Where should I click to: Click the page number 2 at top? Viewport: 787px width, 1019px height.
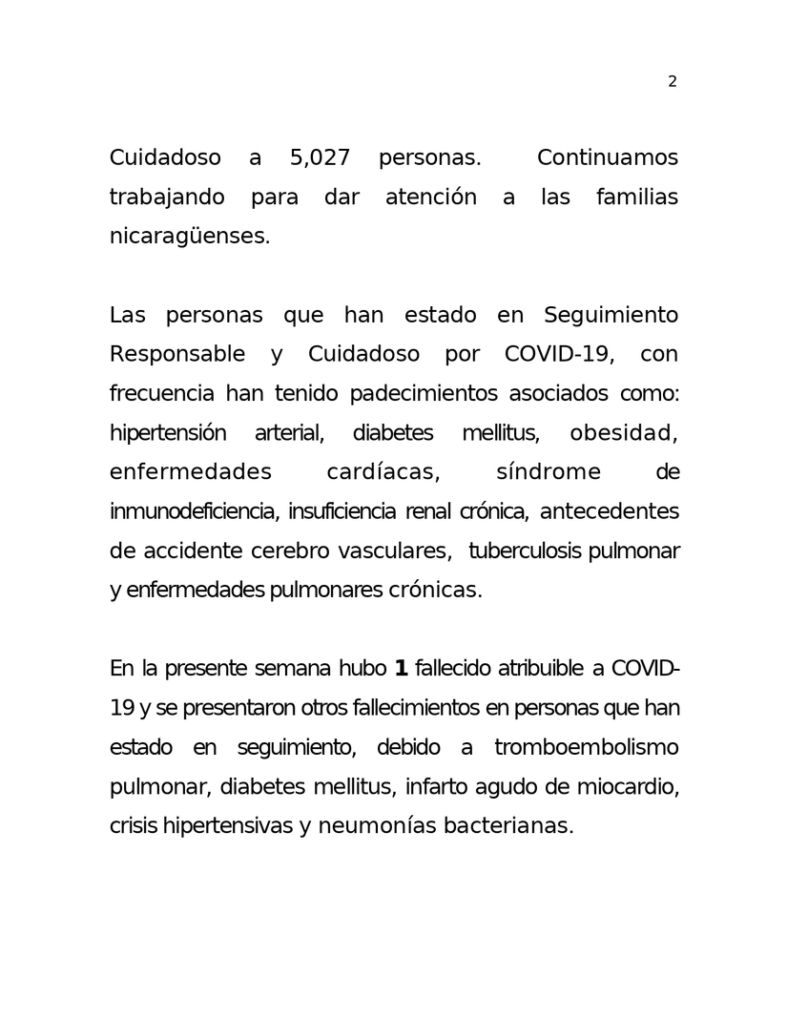(672, 82)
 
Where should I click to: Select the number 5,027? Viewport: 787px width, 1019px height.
(320, 157)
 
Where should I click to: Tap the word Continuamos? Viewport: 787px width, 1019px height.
(607, 157)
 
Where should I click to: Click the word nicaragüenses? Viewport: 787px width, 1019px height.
(190, 237)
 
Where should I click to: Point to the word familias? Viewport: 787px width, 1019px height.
(636, 198)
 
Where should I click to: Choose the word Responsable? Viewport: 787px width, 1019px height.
(177, 354)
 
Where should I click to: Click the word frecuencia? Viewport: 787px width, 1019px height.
(163, 394)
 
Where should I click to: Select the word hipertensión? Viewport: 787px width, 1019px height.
(168, 433)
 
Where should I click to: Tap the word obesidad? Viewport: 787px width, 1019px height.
(623, 433)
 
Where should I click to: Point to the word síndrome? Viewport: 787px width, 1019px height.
(549, 472)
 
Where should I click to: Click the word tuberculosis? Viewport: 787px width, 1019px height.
(526, 551)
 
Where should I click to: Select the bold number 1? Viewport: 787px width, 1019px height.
(401, 668)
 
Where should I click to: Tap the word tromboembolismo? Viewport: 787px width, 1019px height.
(586, 746)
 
